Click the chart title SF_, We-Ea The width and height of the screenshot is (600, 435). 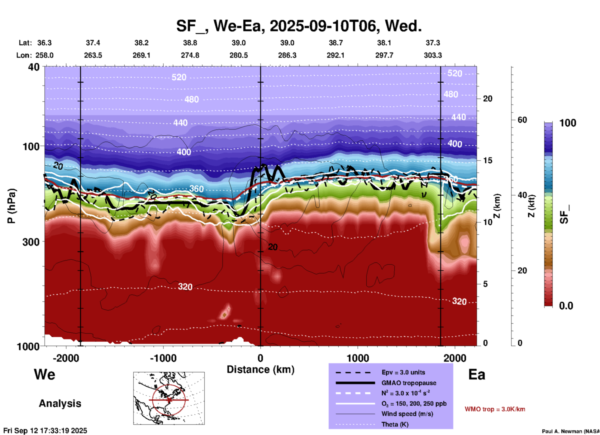(x=299, y=26)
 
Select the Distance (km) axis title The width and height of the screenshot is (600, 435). (x=260, y=369)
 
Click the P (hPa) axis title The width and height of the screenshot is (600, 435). (x=11, y=206)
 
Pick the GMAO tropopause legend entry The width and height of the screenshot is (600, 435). (x=408, y=383)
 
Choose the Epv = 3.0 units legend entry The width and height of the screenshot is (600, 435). (x=403, y=372)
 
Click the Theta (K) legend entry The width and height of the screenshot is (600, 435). (x=395, y=424)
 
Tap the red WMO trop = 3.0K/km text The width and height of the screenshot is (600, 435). (x=495, y=409)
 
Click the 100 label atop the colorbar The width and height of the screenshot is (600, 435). (x=568, y=123)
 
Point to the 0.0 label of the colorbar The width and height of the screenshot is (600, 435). (x=566, y=306)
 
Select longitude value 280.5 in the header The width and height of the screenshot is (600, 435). (x=239, y=55)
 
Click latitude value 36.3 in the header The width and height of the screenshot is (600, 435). (x=44, y=43)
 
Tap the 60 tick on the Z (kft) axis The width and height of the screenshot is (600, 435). (x=522, y=120)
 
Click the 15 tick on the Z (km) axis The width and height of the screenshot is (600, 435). (x=488, y=160)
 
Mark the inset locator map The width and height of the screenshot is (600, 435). (x=169, y=398)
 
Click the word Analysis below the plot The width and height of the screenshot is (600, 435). (x=60, y=403)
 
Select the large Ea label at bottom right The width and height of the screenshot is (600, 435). (x=477, y=375)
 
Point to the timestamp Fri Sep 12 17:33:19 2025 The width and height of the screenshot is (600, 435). (x=45, y=431)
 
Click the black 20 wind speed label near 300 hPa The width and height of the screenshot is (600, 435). (x=273, y=247)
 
